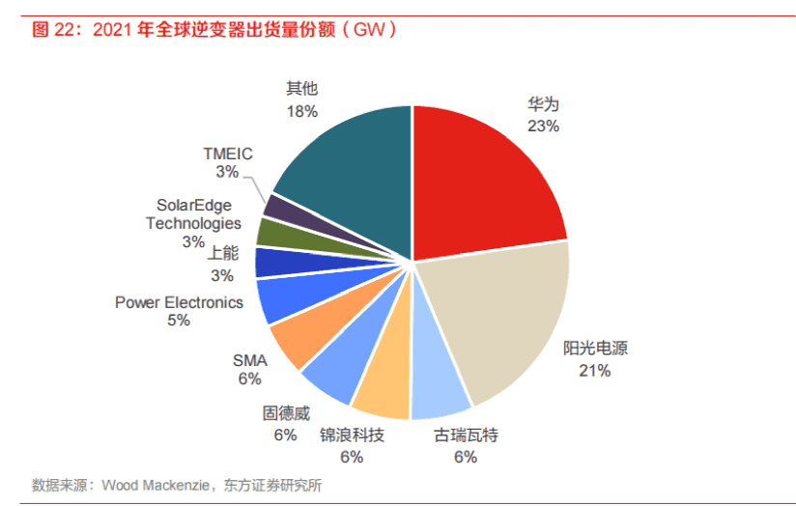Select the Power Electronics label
click(x=179, y=302)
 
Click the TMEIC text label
click(x=227, y=153)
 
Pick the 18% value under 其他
click(x=301, y=111)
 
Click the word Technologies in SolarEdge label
click(x=193, y=223)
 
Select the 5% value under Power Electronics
click(x=179, y=321)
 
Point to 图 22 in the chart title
click(x=53, y=30)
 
